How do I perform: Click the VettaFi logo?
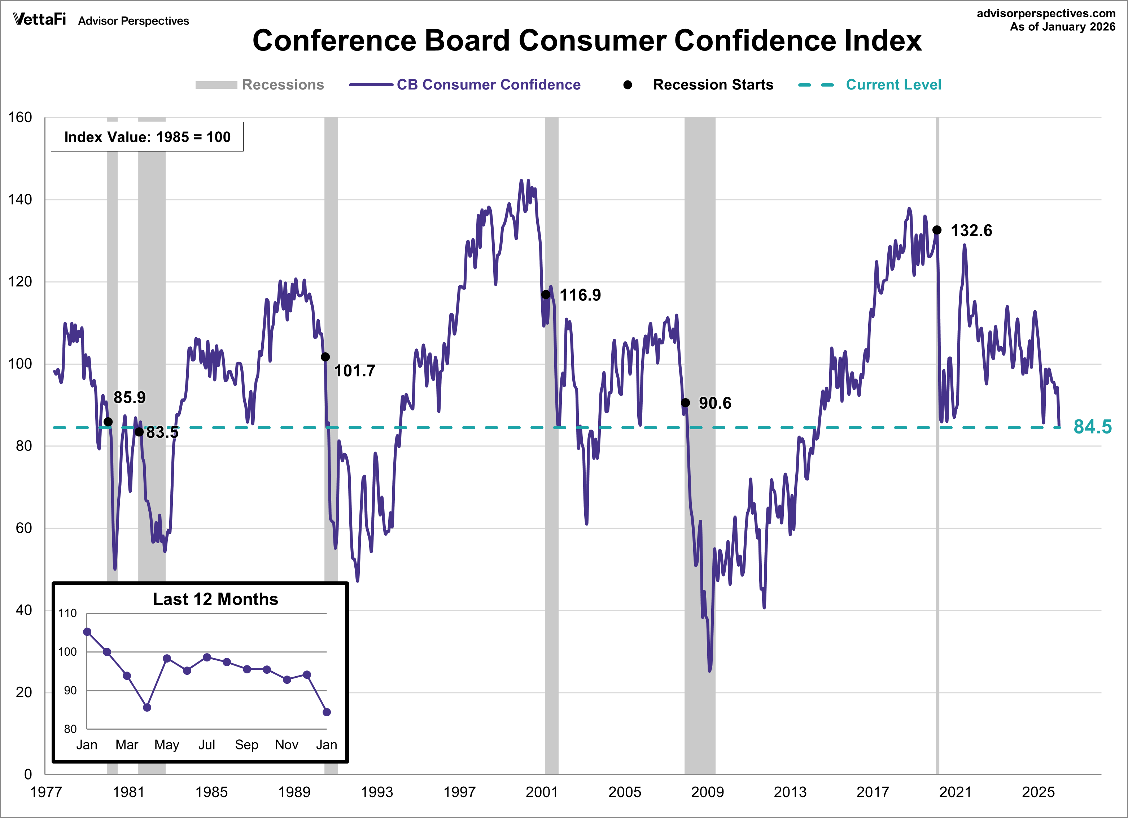[39, 19]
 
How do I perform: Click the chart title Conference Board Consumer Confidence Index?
[586, 40]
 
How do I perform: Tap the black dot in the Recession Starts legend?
[628, 85]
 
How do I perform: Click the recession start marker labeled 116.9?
[546, 294]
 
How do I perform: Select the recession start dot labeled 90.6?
[685, 402]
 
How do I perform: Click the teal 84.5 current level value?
[1092, 427]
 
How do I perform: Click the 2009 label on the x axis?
[707, 792]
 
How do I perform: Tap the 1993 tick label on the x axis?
[376, 792]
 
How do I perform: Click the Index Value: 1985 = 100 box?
[147, 137]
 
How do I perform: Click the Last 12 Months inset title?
[215, 599]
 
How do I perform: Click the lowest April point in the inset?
[147, 707]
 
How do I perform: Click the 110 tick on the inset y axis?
[67, 613]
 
